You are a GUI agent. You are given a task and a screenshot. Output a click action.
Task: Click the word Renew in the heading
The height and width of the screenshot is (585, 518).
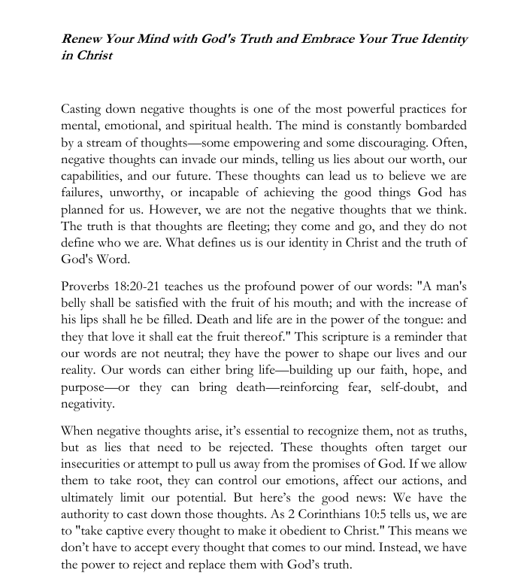(82, 39)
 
